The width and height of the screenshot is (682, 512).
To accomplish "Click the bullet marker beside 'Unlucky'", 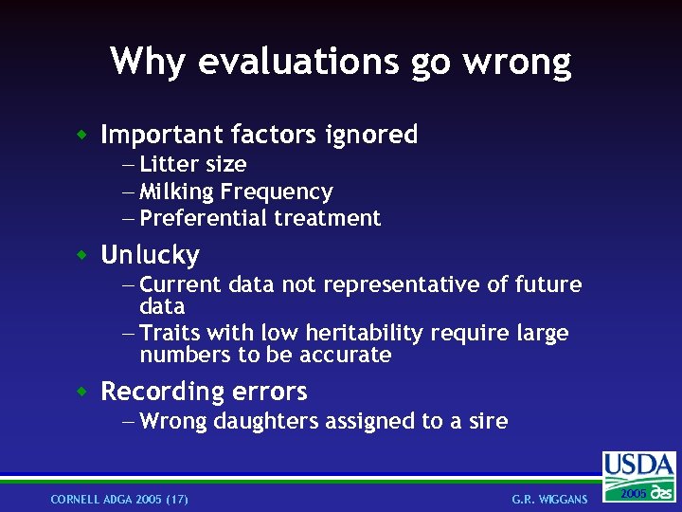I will tap(83, 254).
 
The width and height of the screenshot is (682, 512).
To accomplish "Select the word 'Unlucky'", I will tap(150, 255).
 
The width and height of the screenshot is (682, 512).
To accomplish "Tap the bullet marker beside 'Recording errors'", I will tap(83, 390).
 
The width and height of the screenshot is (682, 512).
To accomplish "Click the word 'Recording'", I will tap(162, 392).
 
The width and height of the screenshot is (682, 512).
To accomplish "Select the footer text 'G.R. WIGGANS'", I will tap(549, 500).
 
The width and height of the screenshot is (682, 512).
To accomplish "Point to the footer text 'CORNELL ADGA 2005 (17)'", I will tap(119, 500).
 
